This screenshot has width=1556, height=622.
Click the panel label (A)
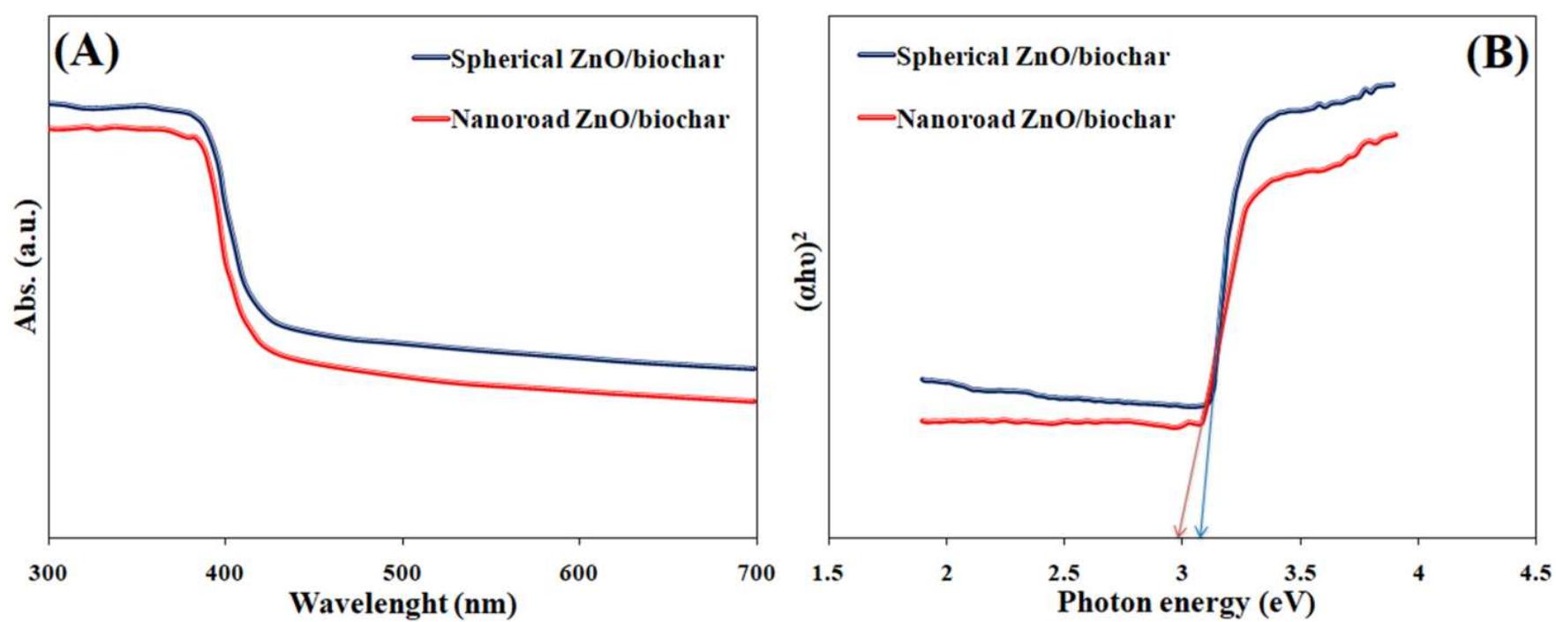[x=86, y=54]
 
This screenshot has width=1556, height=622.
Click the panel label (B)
[x=1497, y=54]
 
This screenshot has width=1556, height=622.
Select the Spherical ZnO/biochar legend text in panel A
[x=587, y=60]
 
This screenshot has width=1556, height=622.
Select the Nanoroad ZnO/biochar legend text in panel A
[x=590, y=119]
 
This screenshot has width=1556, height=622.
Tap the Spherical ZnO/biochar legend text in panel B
[x=1033, y=57]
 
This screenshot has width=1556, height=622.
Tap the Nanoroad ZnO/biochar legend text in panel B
[x=1035, y=119]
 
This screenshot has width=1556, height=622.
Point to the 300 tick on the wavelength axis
[x=49, y=573]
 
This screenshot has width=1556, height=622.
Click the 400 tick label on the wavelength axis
[x=226, y=573]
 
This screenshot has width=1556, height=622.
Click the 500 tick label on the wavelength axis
[x=402, y=573]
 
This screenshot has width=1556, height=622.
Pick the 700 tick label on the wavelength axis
[x=755, y=573]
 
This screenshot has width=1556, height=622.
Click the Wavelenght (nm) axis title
[x=402, y=604]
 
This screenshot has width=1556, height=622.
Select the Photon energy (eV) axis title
[x=1185, y=603]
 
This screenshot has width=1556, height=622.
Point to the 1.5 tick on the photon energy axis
[x=828, y=573]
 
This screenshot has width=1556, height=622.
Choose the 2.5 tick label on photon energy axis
[x=1064, y=573]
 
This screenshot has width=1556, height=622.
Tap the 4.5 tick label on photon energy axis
[x=1536, y=573]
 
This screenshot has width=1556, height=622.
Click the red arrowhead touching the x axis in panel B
[x=1177, y=531]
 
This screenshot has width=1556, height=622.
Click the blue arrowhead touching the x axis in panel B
[x=1200, y=531]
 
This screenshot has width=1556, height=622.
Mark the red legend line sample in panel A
[x=431, y=119]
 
